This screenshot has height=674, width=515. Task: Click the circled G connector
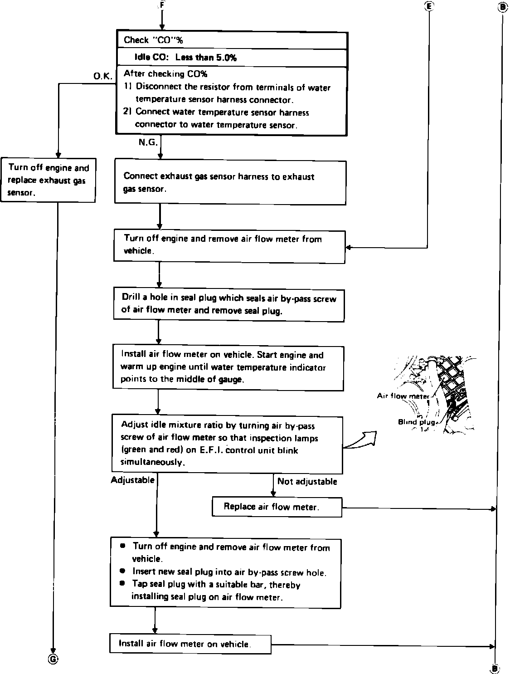click(x=53, y=659)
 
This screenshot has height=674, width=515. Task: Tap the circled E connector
click(x=428, y=6)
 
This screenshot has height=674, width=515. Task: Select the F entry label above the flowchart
click(x=162, y=5)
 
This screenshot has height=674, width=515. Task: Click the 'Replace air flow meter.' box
click(x=277, y=507)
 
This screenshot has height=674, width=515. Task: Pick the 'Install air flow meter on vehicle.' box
click(x=190, y=644)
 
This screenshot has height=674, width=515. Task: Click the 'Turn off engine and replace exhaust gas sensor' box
click(x=48, y=180)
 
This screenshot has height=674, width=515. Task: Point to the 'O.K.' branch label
click(x=103, y=76)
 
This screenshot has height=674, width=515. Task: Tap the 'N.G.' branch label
click(x=148, y=142)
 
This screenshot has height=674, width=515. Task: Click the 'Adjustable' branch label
click(x=133, y=480)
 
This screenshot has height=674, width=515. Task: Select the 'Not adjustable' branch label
click(x=307, y=481)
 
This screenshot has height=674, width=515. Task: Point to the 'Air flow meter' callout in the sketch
click(x=403, y=396)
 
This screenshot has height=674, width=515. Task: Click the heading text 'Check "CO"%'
click(x=153, y=40)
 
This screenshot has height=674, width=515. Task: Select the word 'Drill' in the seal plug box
click(x=131, y=298)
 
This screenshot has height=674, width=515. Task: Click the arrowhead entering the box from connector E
click(x=348, y=248)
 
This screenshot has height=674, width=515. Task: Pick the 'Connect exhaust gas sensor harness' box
click(x=230, y=182)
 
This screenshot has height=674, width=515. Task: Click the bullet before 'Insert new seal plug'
click(x=122, y=571)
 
